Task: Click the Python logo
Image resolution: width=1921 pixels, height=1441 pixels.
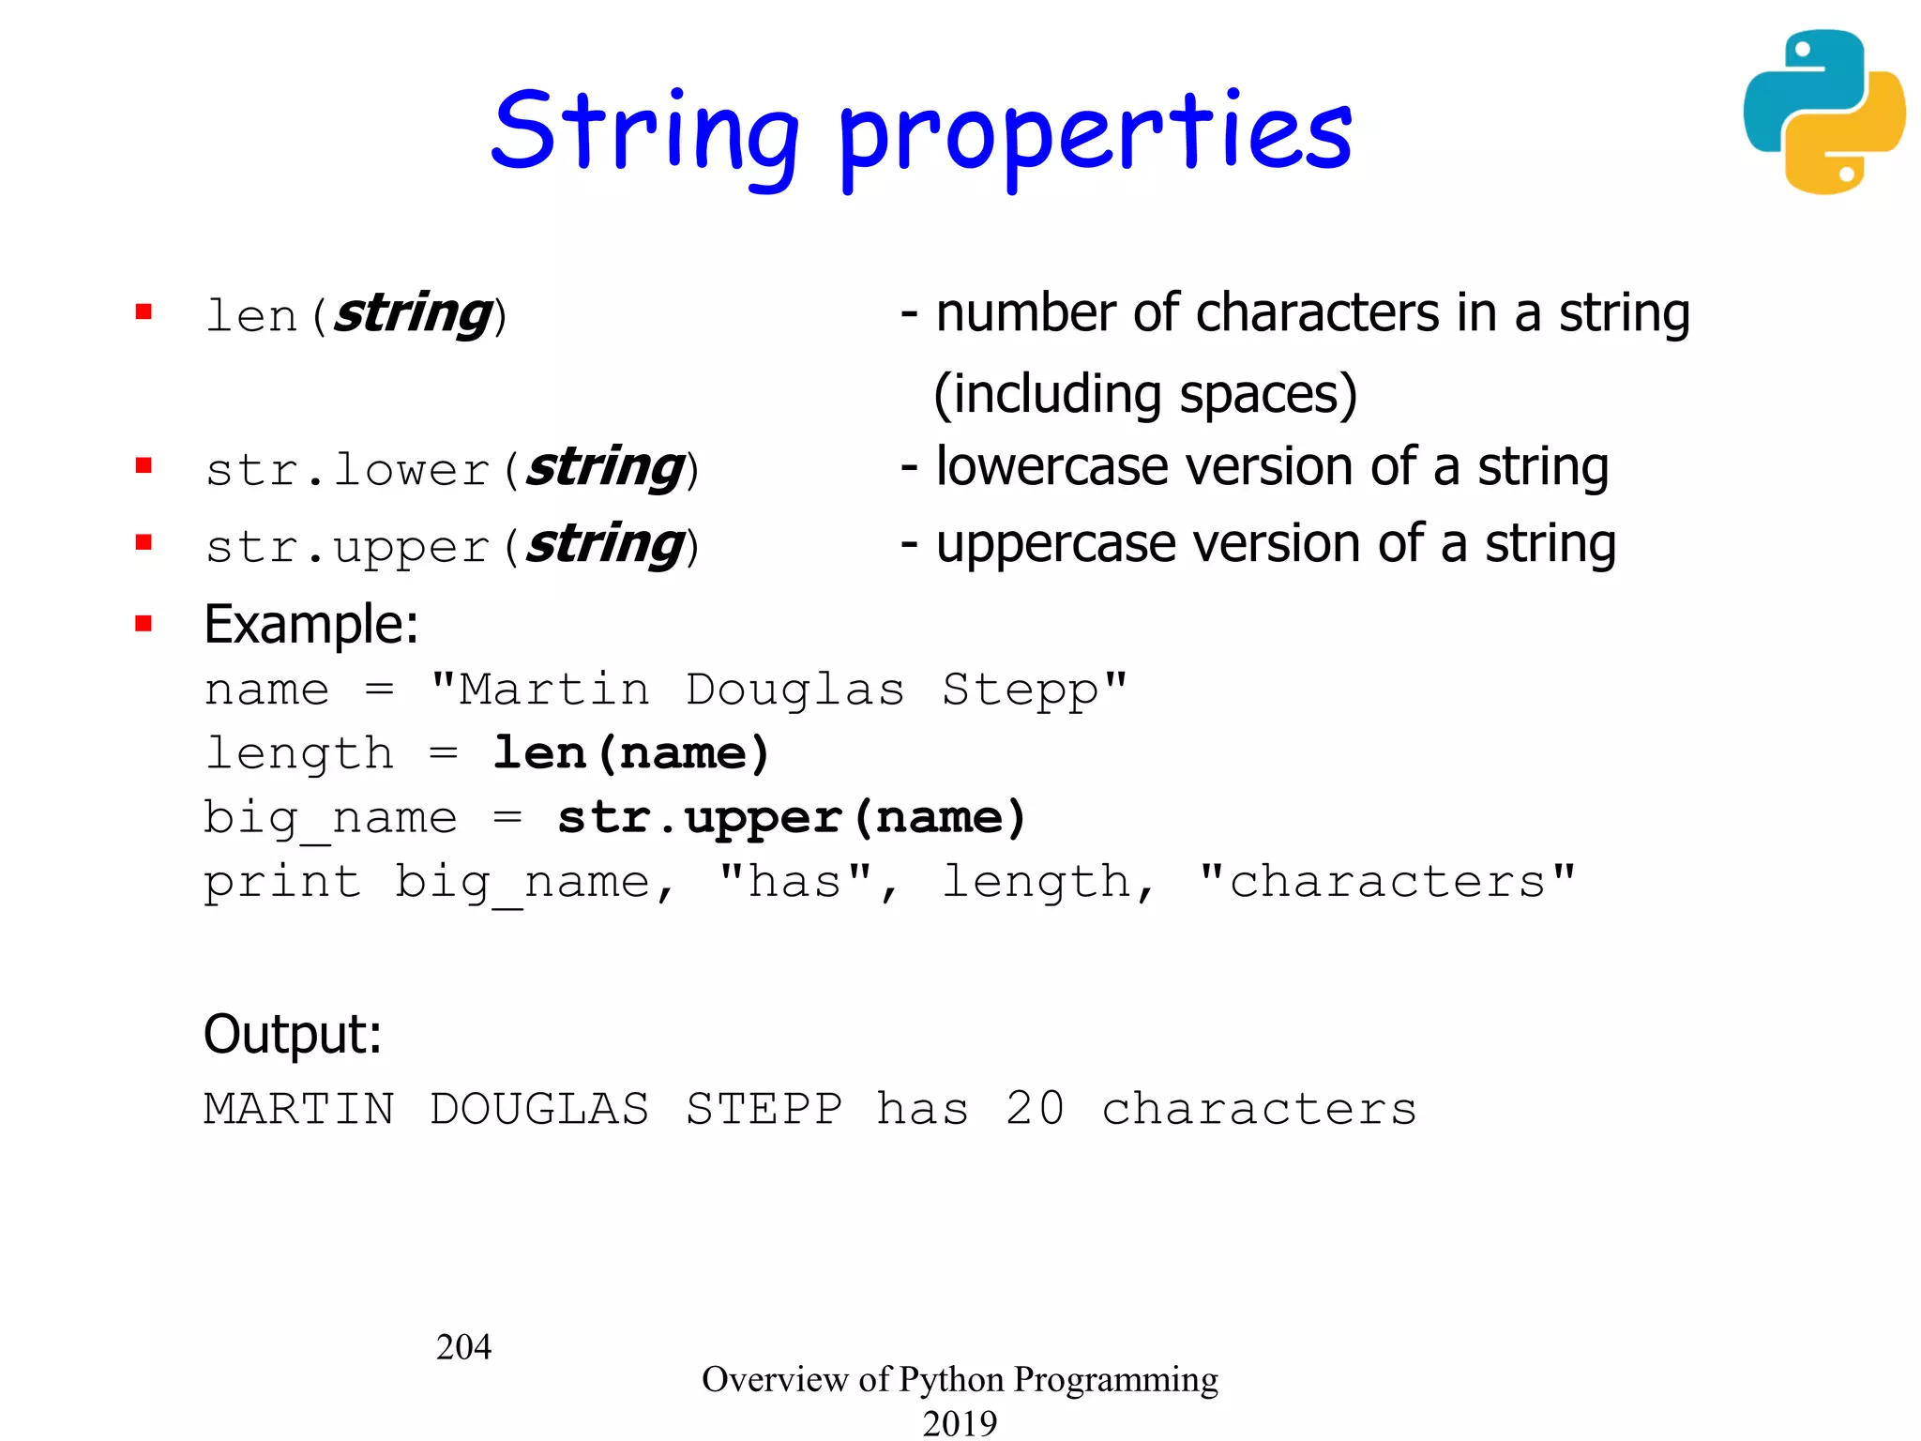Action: pyautogui.click(x=1823, y=113)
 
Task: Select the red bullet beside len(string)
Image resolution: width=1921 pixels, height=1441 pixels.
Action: pyautogui.click(x=144, y=311)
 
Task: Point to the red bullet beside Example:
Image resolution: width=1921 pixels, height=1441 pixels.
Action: pyautogui.click(x=144, y=624)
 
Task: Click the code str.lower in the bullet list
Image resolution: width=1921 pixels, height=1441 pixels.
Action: pyautogui.click(x=348, y=469)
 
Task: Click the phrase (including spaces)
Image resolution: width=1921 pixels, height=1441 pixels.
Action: pyautogui.click(x=1145, y=393)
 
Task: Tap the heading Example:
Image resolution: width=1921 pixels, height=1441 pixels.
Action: pyautogui.click(x=310, y=624)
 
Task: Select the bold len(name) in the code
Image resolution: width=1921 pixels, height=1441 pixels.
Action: pyautogui.click(x=631, y=754)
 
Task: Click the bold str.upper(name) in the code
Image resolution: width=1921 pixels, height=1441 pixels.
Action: pyautogui.click(x=792, y=818)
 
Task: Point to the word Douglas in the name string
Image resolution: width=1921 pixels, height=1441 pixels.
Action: pyautogui.click(x=794, y=690)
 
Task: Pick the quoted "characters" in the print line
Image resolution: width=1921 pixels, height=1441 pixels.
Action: pyautogui.click(x=1387, y=882)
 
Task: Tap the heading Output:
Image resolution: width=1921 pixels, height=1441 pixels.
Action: pyautogui.click(x=293, y=1034)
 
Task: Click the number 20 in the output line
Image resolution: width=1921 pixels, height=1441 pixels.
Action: pyautogui.click(x=1036, y=1109)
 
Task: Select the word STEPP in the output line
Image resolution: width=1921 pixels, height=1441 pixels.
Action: pyautogui.click(x=764, y=1109)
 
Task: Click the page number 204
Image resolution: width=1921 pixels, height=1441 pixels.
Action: pyautogui.click(x=463, y=1347)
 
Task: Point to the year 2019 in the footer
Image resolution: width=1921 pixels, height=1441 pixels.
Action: pyautogui.click(x=960, y=1423)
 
